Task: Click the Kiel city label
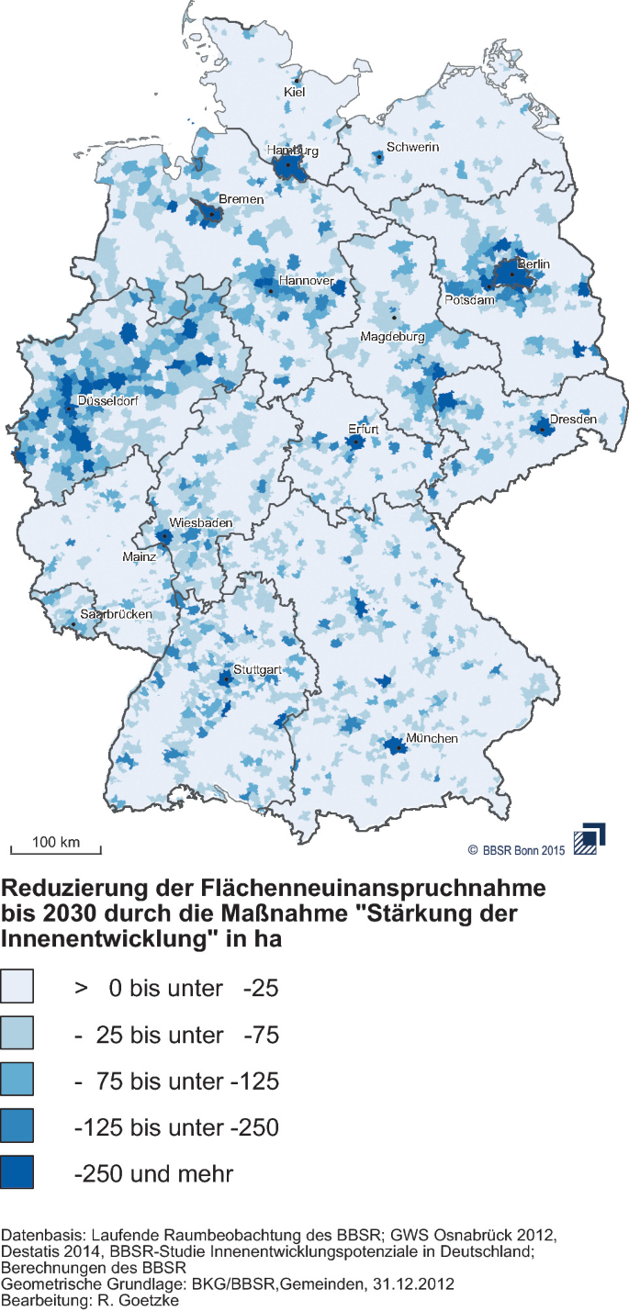pyautogui.click(x=295, y=92)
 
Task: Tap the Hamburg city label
pyautogui.click(x=292, y=151)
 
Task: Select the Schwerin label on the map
pyautogui.click(x=412, y=147)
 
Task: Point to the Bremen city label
pyautogui.click(x=241, y=199)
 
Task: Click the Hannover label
pyautogui.click(x=306, y=281)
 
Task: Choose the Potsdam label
pyautogui.click(x=470, y=300)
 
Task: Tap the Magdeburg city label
pyautogui.click(x=392, y=337)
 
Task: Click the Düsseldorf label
pyautogui.click(x=108, y=401)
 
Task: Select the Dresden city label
pyautogui.click(x=573, y=420)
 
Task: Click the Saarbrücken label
pyautogui.click(x=115, y=614)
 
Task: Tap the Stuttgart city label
pyautogui.click(x=256, y=670)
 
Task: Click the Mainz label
pyautogui.click(x=140, y=556)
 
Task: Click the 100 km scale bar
pyautogui.click(x=55, y=846)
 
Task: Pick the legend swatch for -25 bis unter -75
pyautogui.click(x=17, y=1035)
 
